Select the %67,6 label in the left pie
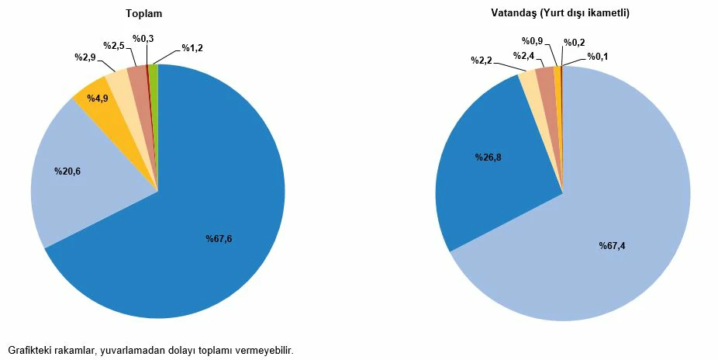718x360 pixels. (219, 238)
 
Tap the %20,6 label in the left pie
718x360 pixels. (67, 171)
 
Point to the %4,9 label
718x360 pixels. (98, 99)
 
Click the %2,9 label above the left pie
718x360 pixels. (85, 57)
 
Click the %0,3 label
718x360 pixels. (143, 38)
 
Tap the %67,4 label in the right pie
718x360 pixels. (612, 246)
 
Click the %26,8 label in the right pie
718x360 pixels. (488, 157)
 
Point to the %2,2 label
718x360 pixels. (482, 60)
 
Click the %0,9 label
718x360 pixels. (532, 41)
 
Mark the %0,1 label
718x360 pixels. (598, 56)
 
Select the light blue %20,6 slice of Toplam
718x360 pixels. (85, 194)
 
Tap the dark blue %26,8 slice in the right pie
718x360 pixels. (496, 186)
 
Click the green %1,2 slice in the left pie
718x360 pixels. (154, 71)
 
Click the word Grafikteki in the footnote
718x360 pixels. (30, 350)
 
